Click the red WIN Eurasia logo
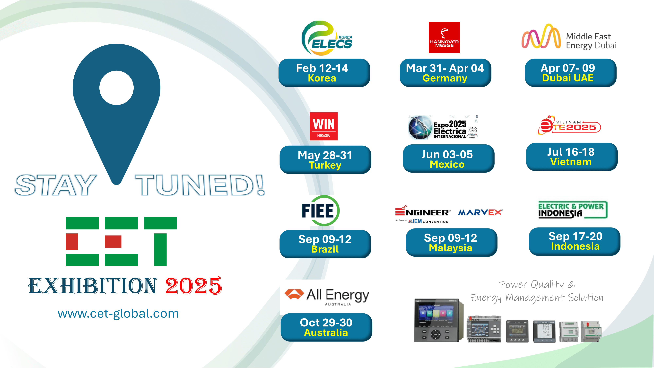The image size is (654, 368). (x=323, y=126)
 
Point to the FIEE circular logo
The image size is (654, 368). (x=320, y=210)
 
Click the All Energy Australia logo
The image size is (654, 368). (x=327, y=296)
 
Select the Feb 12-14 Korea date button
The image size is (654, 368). (x=324, y=73)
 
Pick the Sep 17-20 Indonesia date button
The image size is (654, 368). (x=574, y=241)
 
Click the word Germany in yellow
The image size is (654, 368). (x=445, y=78)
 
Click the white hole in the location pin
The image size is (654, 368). (x=117, y=88)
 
